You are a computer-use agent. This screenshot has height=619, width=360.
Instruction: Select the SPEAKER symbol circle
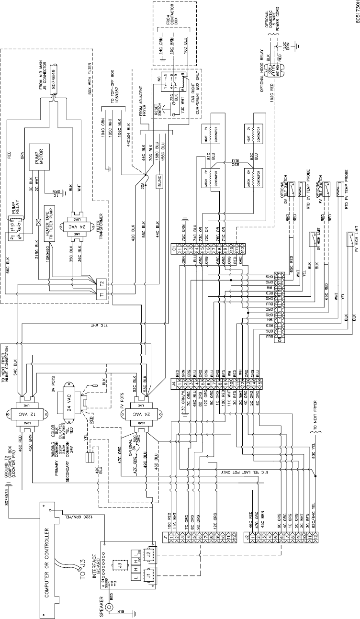click(112, 608)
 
